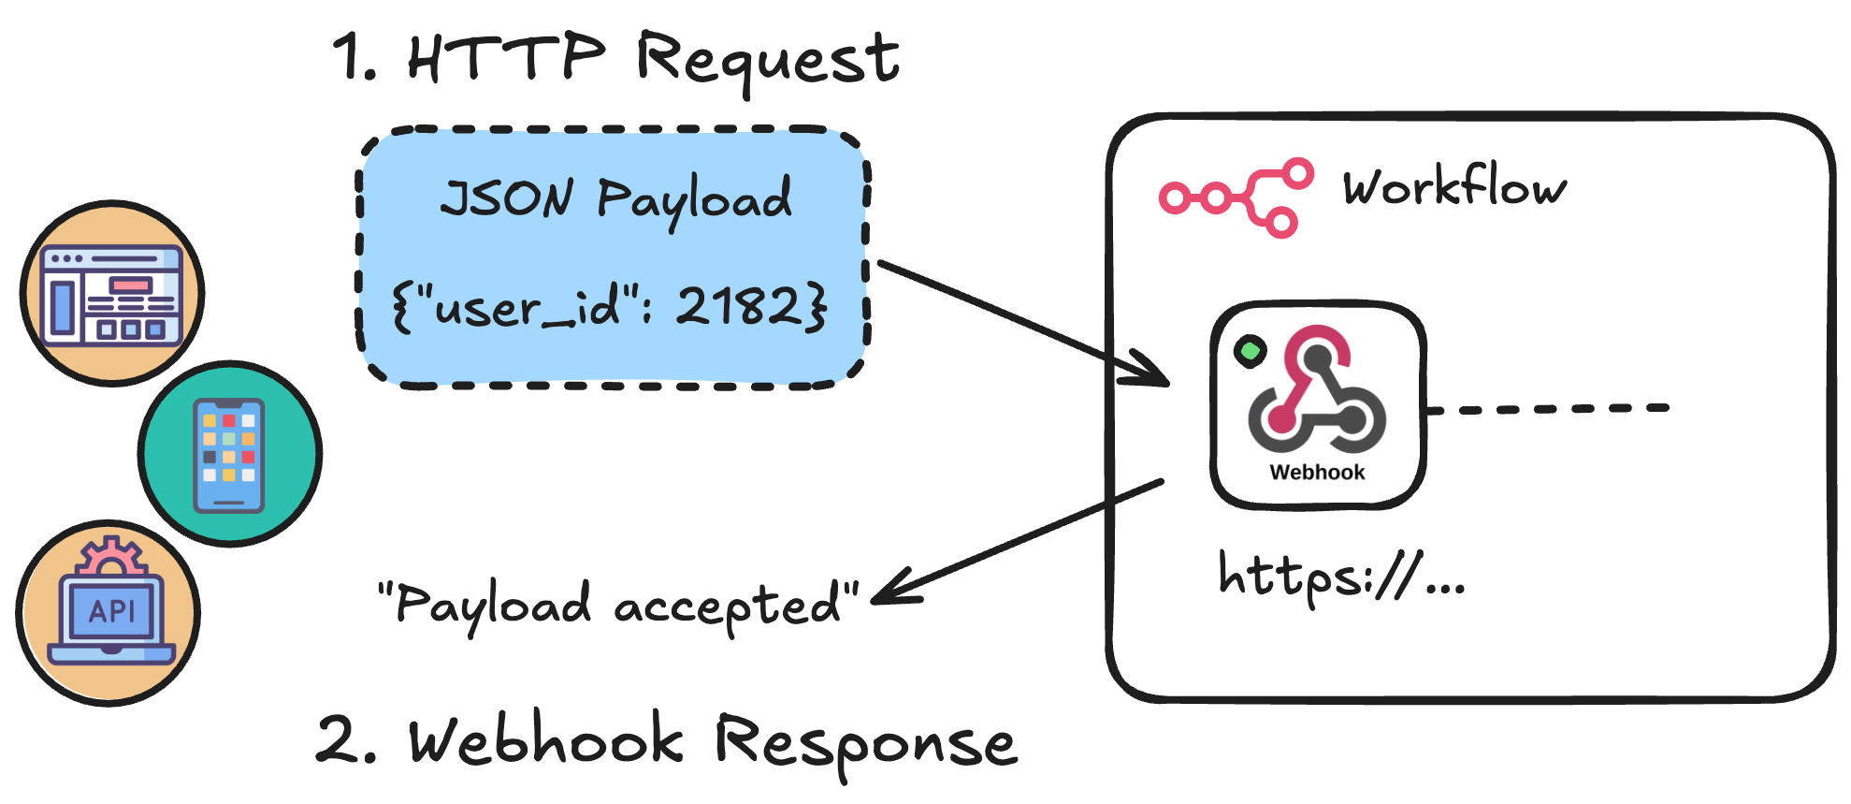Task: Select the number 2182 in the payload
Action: click(739, 305)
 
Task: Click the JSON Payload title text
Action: click(615, 198)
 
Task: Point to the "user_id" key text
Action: click(524, 307)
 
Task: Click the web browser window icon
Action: click(112, 295)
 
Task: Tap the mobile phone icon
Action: click(229, 455)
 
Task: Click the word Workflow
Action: click(1453, 186)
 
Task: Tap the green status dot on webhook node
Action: click(1250, 351)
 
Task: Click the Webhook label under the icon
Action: click(1317, 473)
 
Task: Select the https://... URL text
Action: click(1339, 577)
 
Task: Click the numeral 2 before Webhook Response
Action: click(339, 740)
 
